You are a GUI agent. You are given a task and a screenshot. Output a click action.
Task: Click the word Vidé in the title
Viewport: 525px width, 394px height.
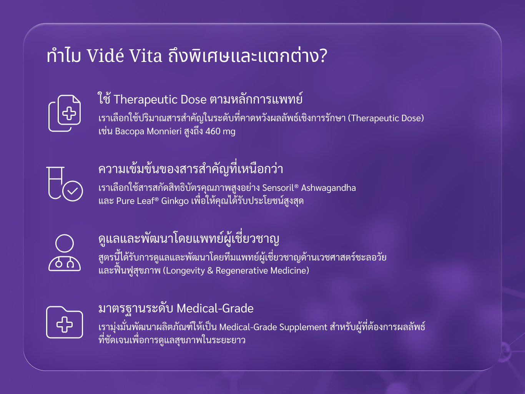tap(105, 55)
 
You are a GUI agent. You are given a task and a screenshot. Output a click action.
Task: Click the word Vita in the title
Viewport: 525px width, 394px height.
tap(146, 56)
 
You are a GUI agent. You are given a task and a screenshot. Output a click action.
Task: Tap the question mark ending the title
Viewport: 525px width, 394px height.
tap(323, 56)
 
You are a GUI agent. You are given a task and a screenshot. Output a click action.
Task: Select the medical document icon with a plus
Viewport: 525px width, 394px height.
tap(65, 113)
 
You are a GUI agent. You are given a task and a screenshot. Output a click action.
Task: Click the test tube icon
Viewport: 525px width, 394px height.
tap(55, 183)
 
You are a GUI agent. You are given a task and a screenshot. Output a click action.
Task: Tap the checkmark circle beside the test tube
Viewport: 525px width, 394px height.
tap(73, 191)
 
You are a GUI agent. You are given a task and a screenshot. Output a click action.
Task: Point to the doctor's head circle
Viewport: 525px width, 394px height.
tap(65, 243)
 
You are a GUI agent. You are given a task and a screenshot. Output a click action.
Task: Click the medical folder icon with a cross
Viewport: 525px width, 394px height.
tap(65, 322)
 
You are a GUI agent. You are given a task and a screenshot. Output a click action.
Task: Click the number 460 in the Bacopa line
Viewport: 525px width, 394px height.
tap(213, 131)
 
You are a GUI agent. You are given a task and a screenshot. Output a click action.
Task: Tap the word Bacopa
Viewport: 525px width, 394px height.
tap(130, 132)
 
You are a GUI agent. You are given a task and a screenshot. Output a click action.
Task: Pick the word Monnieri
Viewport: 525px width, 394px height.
tap(164, 131)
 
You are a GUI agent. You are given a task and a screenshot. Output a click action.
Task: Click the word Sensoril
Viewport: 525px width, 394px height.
tap(278, 188)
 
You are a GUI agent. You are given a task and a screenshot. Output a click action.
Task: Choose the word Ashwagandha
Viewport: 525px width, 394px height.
tap(328, 188)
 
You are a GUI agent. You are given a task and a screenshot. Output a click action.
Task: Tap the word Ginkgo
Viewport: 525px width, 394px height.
tap(175, 201)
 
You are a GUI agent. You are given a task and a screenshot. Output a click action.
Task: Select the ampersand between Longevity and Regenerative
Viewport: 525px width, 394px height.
tap(210, 271)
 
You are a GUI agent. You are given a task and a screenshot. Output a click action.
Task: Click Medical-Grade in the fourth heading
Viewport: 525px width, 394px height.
tap(215, 308)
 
